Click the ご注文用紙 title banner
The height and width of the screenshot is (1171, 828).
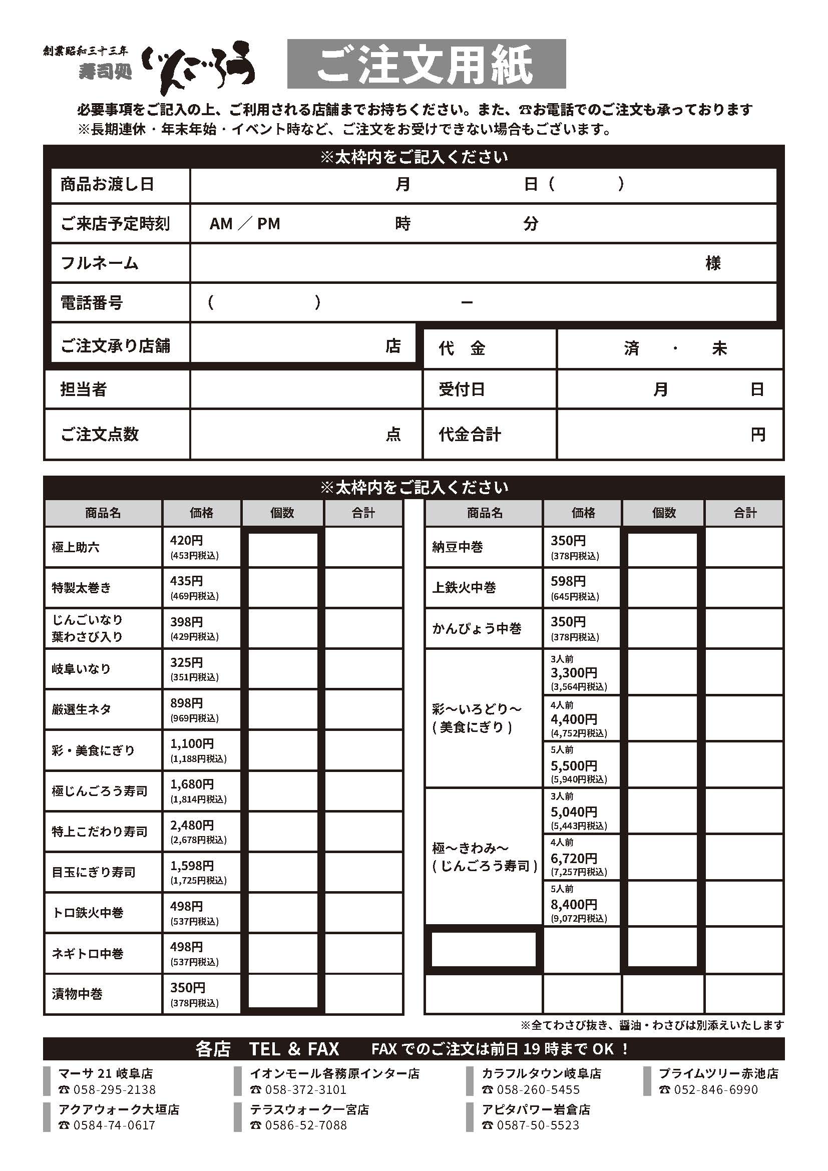point(426,64)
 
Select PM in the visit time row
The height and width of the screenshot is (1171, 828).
point(268,223)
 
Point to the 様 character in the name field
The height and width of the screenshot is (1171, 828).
point(713,263)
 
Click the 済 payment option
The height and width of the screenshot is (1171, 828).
point(631,348)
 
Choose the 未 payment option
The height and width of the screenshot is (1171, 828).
point(719,348)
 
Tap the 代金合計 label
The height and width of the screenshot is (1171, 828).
point(470,435)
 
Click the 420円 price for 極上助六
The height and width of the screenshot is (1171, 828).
point(187,540)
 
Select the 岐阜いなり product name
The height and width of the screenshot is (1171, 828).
point(81,669)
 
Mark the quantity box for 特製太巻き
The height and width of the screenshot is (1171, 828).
point(282,588)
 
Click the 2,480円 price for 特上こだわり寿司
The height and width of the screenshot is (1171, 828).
point(192,825)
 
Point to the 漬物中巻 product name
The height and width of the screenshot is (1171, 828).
point(77,993)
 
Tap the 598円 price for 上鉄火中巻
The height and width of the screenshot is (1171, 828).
point(568,581)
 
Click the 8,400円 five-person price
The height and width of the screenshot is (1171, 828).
point(574,904)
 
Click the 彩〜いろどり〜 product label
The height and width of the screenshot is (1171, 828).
point(476,709)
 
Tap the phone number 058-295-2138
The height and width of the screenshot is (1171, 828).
point(114,1090)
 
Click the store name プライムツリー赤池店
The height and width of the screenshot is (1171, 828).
point(718,1073)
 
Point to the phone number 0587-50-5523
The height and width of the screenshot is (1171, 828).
point(538,1125)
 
